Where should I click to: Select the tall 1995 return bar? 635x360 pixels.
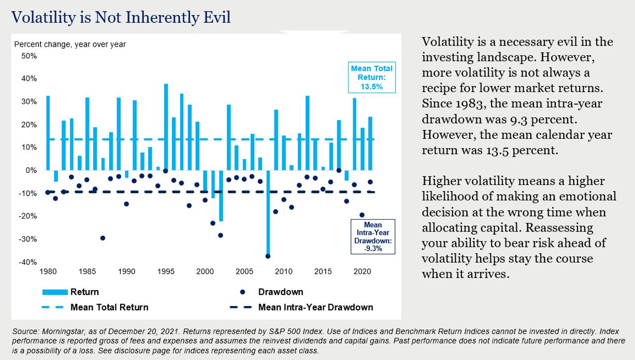coord(166,127)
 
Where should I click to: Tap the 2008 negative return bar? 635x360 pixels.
coord(268,213)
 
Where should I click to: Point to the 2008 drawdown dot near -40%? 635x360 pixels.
coord(268,256)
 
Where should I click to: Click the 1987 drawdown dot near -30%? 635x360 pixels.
coord(103,238)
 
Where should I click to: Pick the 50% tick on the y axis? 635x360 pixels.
coord(29,56)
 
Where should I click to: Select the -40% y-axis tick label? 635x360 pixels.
coord(28,262)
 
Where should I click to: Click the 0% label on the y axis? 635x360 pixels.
coord(31,170)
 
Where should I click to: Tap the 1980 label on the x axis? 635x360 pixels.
coord(48,271)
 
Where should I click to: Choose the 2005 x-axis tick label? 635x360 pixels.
coord(244,271)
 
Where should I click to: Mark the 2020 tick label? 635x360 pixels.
coord(362,271)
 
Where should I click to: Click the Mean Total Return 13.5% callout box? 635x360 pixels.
coord(372,77)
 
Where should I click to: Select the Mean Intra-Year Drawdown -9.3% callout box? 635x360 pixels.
coord(373,237)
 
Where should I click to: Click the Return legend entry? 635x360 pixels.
coord(84,292)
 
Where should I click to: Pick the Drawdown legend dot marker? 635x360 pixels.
coord(243,292)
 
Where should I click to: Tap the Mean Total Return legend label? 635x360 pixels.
coord(109,307)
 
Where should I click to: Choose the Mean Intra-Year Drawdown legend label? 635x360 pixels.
coord(315,307)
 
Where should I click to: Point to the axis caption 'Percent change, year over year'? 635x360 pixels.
coord(70,45)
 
